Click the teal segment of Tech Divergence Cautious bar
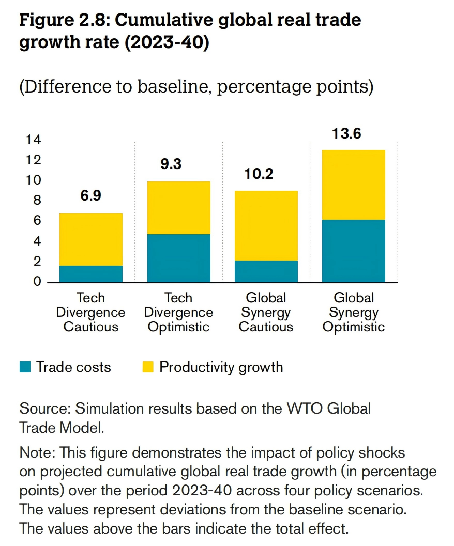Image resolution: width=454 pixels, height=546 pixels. point(91,274)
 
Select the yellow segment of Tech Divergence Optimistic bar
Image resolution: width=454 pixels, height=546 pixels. point(178,208)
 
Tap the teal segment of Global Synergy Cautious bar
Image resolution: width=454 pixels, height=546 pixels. point(266,271)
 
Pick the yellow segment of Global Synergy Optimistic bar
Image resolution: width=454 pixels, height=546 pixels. point(354,185)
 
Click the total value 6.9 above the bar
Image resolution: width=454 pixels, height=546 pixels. point(91,196)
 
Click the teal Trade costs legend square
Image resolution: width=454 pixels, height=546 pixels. point(25,368)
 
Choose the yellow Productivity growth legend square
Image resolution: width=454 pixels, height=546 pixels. point(148,368)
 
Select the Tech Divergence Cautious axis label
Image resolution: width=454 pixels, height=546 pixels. point(91,312)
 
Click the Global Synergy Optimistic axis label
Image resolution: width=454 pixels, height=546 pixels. point(354,312)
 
